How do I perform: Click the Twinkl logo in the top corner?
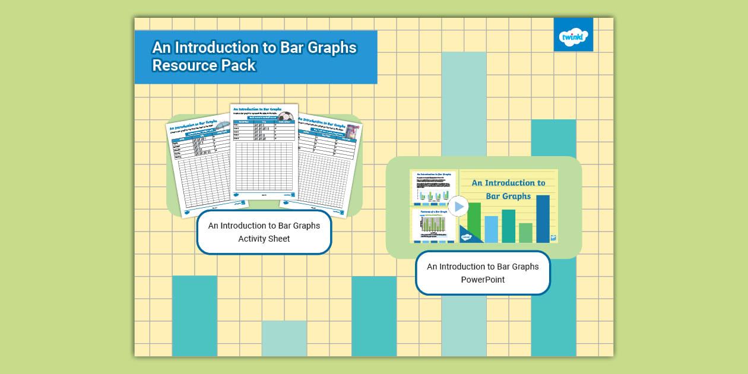pyautogui.click(x=573, y=35)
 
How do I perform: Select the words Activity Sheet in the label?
pyautogui.click(x=264, y=239)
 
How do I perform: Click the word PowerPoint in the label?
pyautogui.click(x=483, y=280)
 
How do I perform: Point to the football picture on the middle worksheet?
pyautogui.click(x=286, y=116)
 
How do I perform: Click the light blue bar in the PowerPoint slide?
pyautogui.click(x=492, y=229)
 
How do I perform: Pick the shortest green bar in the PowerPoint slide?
pyautogui.click(x=525, y=233)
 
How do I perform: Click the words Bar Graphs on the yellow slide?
pyautogui.click(x=508, y=196)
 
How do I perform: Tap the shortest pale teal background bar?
pyautogui.click(x=284, y=338)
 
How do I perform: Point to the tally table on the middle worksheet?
pyautogui.click(x=264, y=130)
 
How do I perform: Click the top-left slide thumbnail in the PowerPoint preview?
pyautogui.click(x=433, y=187)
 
